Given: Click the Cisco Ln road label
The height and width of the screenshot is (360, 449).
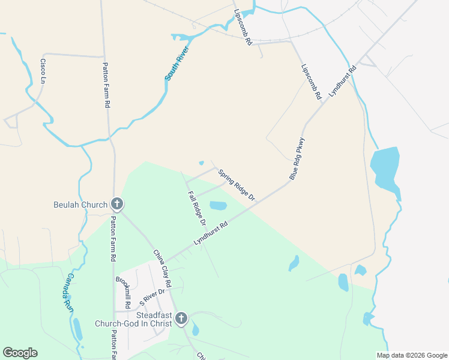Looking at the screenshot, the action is click(x=43, y=71).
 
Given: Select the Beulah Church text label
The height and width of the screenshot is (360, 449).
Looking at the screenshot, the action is click(x=80, y=205).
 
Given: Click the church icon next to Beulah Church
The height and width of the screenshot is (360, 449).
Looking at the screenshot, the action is click(x=117, y=205).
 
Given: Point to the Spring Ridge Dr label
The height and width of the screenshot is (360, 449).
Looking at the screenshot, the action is click(x=237, y=185).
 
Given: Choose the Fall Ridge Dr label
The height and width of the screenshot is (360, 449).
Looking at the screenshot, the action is click(x=197, y=208).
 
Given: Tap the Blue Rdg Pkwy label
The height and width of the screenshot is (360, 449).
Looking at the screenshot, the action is click(x=297, y=159).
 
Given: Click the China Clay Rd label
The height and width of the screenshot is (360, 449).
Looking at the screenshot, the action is click(x=162, y=268).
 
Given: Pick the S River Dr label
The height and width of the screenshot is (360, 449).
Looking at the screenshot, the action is click(x=152, y=295).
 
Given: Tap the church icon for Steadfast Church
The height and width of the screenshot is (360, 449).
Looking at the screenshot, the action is click(x=181, y=318).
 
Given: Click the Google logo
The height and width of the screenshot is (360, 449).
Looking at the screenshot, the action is click(x=20, y=353).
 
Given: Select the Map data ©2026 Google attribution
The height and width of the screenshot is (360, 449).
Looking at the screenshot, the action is click(x=411, y=355).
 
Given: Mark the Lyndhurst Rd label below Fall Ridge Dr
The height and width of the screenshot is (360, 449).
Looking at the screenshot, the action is click(x=211, y=233).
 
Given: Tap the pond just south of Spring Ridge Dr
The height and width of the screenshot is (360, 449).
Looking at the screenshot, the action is click(x=218, y=206).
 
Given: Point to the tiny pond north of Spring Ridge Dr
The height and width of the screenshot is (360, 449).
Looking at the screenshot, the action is click(x=202, y=163).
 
